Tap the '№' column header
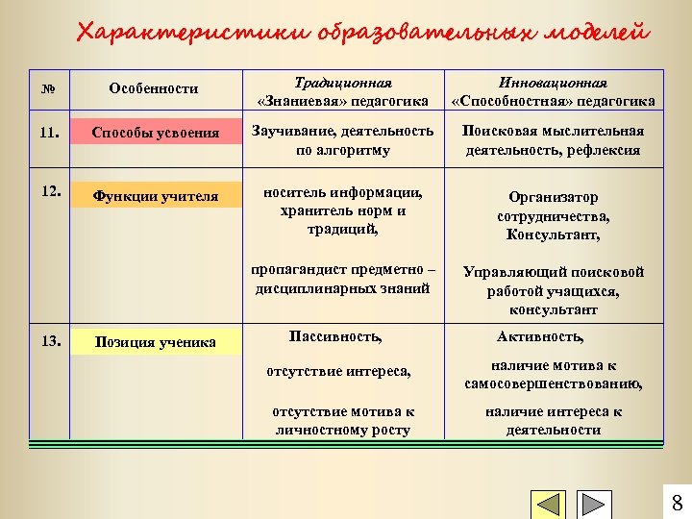[47, 88]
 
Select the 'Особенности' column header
[154, 88]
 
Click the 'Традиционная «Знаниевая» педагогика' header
[343, 92]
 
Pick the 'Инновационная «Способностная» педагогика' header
[554, 92]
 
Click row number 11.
[49, 132]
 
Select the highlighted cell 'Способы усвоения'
[156, 133]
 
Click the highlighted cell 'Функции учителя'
[156, 197]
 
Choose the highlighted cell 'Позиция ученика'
[156, 342]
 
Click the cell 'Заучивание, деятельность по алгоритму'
[343, 140]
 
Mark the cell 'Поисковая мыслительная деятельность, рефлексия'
[554, 140]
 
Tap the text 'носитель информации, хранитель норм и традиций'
[343, 210]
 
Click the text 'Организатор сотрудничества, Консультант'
[554, 215]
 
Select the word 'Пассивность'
[335, 336]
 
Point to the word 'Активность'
[540, 336]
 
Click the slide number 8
[676, 503]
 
